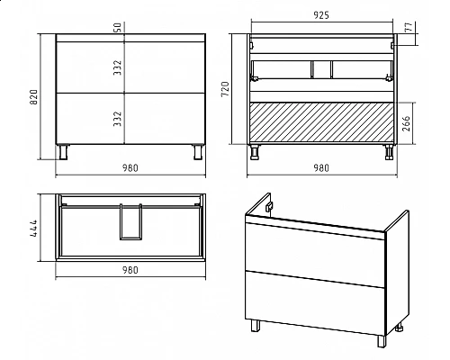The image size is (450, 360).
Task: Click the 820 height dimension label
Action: coord(34,97)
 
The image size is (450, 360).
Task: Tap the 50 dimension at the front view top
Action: coord(118,27)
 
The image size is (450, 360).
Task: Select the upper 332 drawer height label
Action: coord(118,67)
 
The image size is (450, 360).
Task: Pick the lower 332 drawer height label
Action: coord(118,119)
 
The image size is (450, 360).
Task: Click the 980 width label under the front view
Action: coord(130,168)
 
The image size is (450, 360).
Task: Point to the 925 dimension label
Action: coord(321,15)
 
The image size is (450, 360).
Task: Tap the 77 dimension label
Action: coord(409,27)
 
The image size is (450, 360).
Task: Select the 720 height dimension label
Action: coord(225,89)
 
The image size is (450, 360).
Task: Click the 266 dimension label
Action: coord(406,123)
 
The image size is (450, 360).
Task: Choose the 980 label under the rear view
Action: coord(321,168)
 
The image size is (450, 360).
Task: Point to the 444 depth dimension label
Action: coord(34,228)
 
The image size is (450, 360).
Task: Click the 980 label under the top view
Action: coord(130,270)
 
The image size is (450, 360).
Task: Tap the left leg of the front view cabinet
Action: coord(64,152)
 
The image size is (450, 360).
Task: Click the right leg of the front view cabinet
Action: coord(198,152)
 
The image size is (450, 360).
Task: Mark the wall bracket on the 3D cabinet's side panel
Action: coord(270,206)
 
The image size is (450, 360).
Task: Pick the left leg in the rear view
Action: coord(255,152)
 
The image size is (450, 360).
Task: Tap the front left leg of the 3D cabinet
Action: coord(256,326)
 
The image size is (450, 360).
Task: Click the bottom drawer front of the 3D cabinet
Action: coord(315,303)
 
